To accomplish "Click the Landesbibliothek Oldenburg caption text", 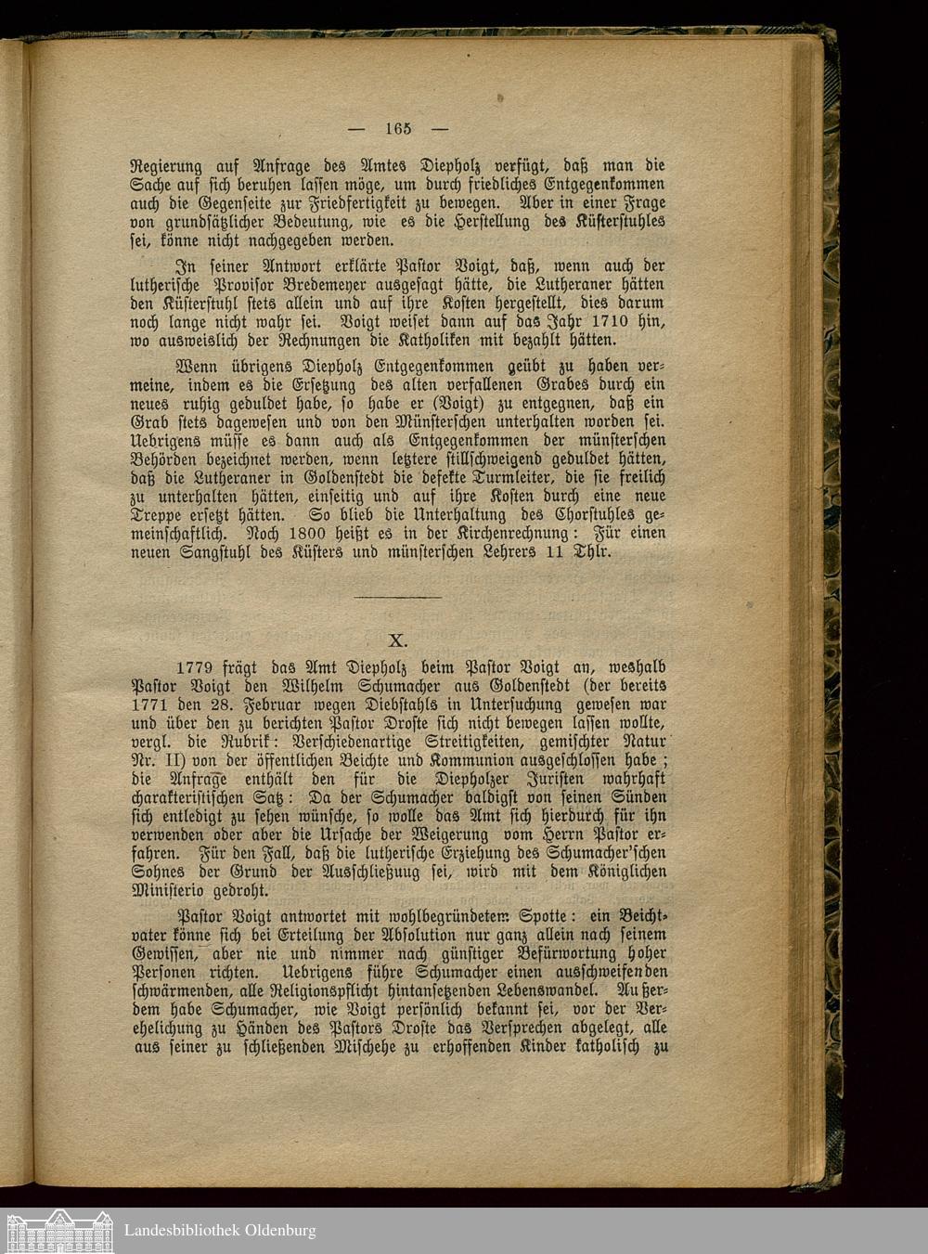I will click(x=220, y=1231).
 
